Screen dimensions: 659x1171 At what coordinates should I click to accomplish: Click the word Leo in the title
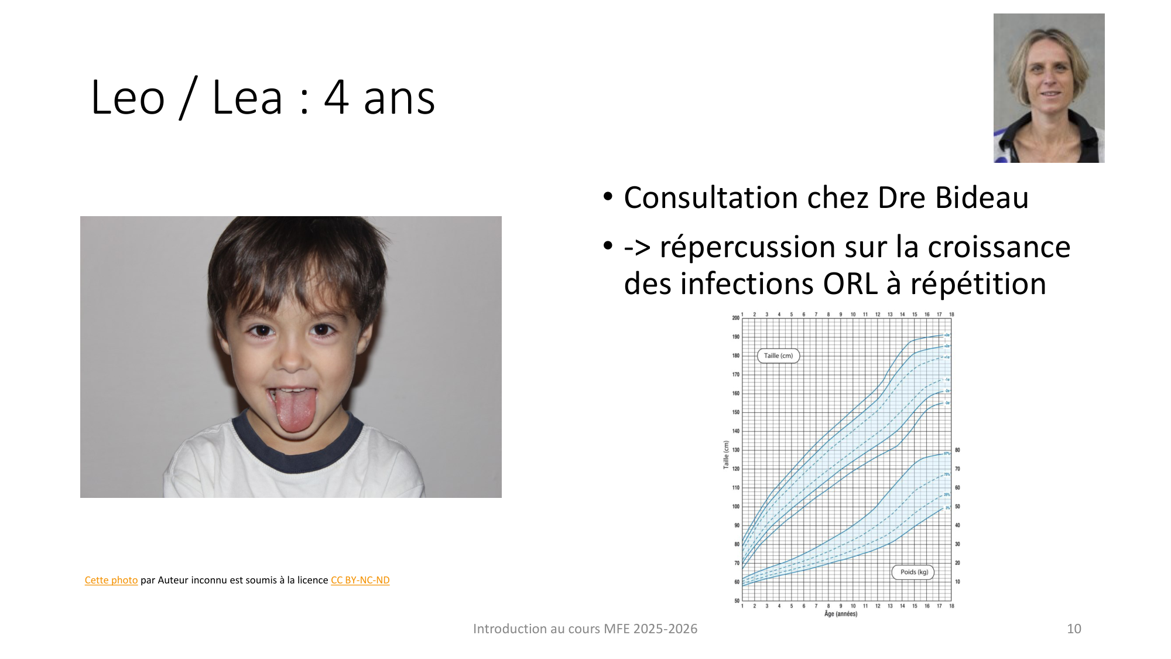point(128,98)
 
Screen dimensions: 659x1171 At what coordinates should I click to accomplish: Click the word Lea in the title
point(247,98)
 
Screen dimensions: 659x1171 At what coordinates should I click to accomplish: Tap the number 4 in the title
point(337,98)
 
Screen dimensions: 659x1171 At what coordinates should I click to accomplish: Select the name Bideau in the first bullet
point(981,198)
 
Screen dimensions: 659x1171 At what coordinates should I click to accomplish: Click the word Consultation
point(711,198)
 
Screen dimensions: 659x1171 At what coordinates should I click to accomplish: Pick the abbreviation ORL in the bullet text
point(850,284)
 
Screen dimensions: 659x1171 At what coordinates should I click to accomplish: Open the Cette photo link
point(111,580)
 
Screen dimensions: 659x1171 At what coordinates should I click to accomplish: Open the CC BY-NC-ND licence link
point(360,580)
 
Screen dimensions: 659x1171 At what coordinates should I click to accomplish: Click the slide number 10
point(1074,629)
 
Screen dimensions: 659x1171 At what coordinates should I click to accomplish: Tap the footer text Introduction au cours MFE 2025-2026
point(585,629)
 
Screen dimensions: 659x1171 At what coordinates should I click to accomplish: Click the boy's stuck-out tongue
point(296,409)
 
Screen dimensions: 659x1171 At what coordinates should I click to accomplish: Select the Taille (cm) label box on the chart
point(778,356)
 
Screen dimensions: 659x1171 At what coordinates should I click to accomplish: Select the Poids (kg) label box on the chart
point(913,572)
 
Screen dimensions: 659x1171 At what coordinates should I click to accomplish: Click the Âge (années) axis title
point(840,614)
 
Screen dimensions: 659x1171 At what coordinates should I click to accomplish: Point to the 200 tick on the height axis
point(735,318)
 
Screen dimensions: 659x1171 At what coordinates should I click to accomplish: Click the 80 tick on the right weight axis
point(957,450)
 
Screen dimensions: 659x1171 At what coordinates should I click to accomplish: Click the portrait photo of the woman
point(1049,88)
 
